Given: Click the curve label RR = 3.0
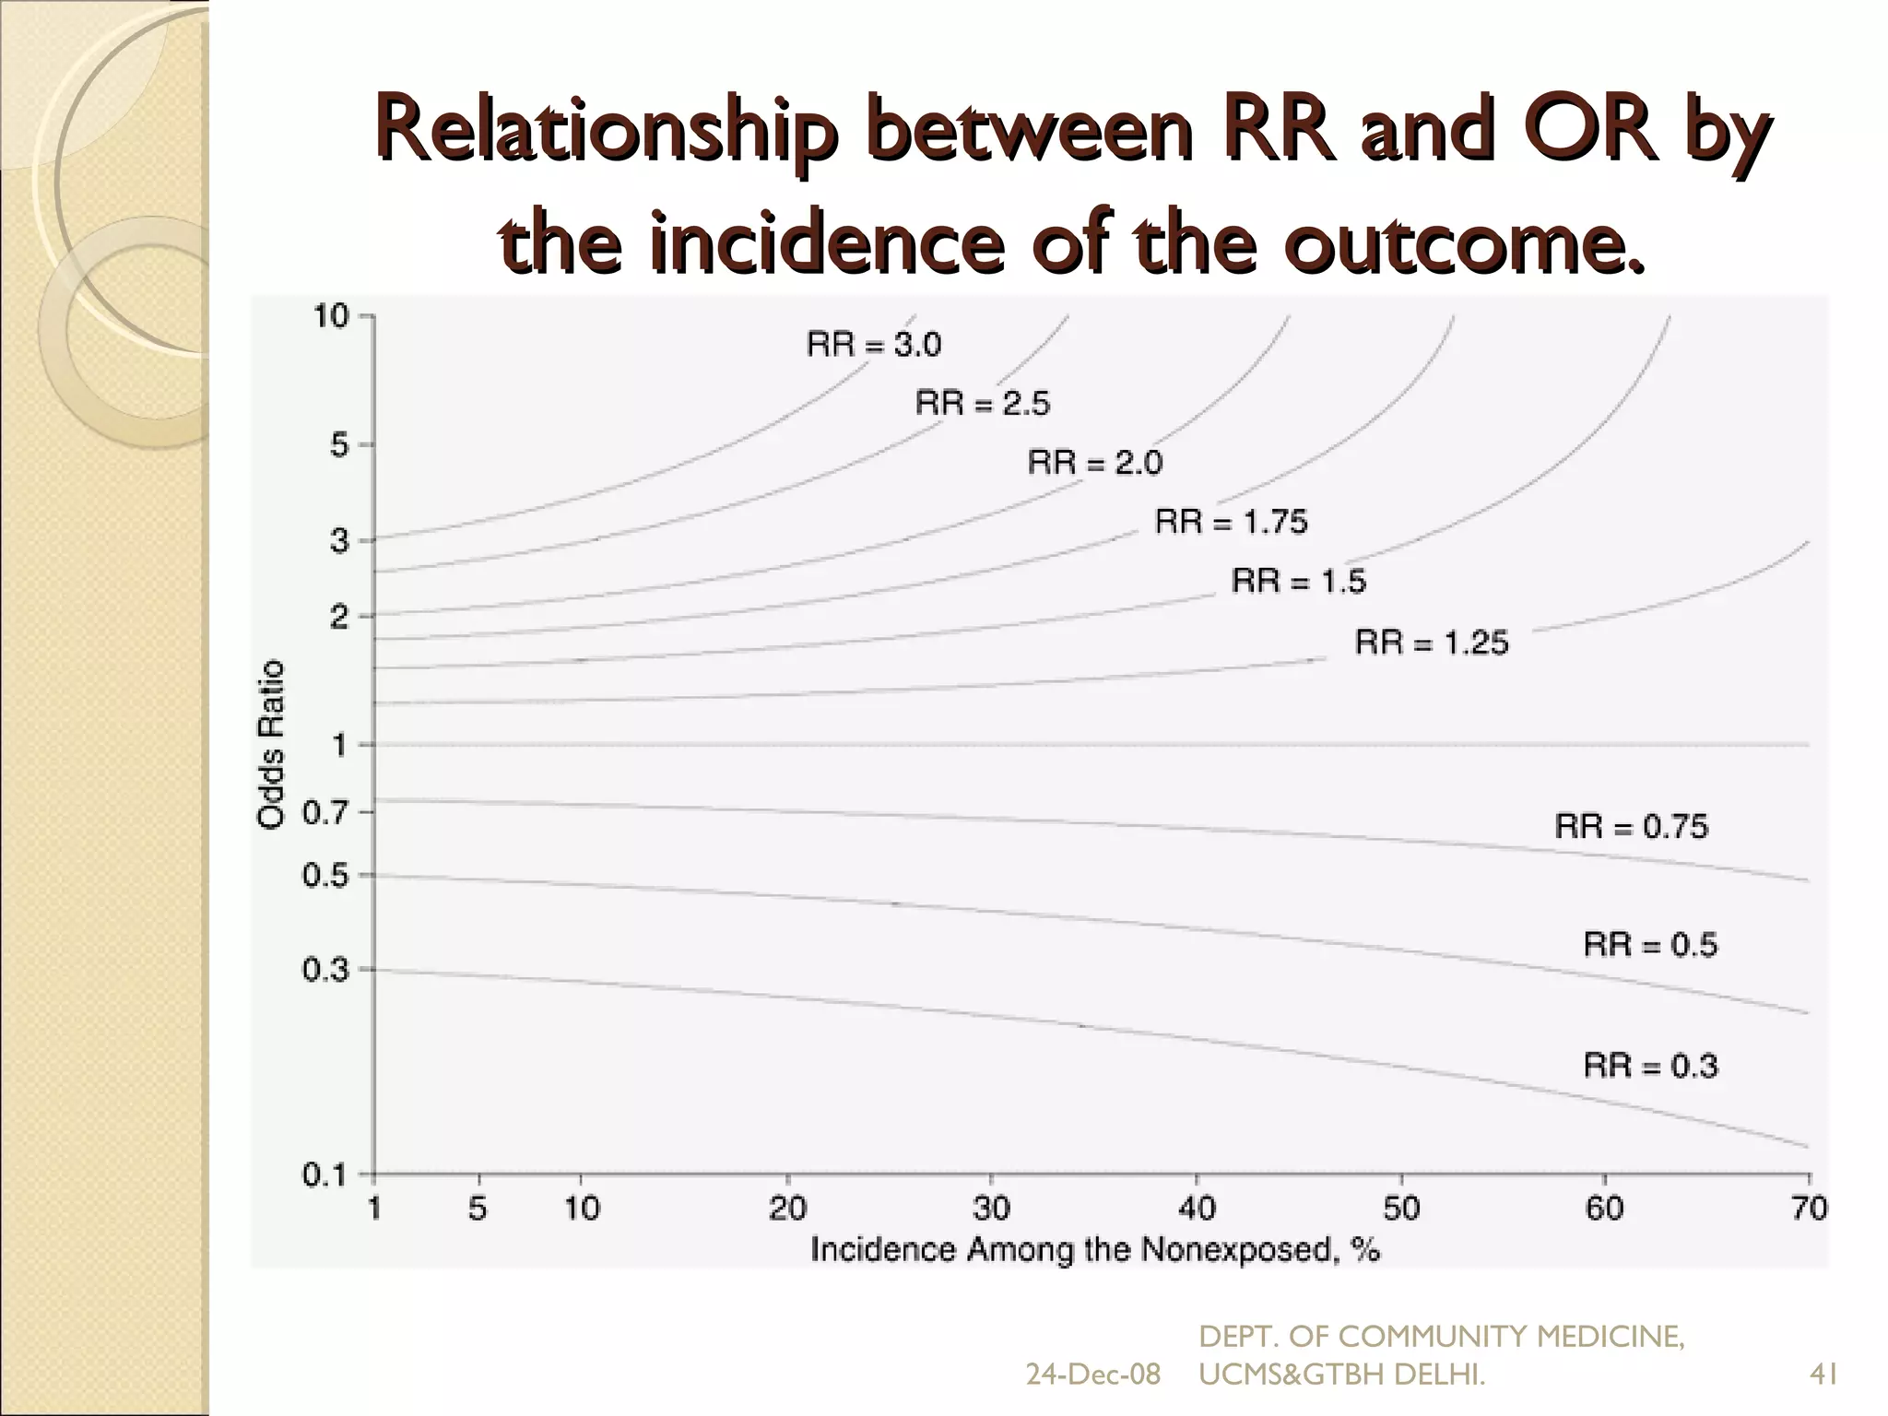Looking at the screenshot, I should coord(874,345).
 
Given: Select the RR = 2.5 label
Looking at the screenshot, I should coord(983,404).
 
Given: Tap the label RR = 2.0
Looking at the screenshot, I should coord(1095,462).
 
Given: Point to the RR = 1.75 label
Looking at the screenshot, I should coord(1232,522).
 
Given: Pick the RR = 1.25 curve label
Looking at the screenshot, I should coord(1432,642).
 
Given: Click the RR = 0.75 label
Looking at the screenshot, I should coord(1632,826).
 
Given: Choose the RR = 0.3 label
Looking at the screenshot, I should coord(1651,1066).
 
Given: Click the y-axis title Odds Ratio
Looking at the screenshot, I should coord(271,745).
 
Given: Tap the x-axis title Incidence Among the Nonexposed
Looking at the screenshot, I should coord(1094,1249).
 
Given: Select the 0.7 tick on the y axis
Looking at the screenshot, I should coord(325,813).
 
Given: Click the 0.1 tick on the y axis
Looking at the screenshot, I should coord(325,1175).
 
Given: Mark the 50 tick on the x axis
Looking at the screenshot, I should coord(1401,1208).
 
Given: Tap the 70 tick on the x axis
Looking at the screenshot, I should coord(1809,1208).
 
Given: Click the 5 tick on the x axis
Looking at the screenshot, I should coord(478,1208).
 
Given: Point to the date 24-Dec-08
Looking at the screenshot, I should coord(1093,1375).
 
